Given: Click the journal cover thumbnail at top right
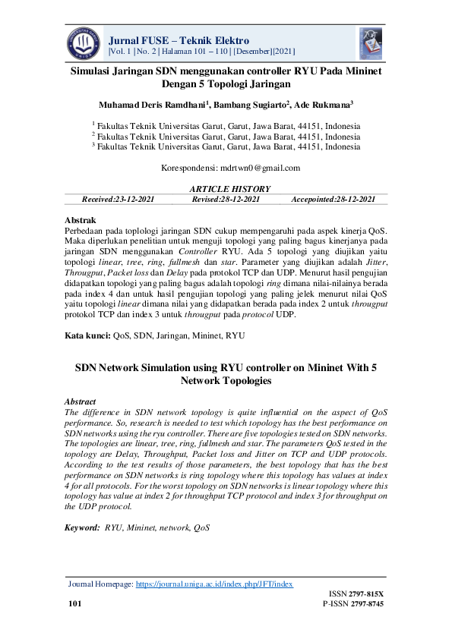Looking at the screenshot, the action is tap(371, 42).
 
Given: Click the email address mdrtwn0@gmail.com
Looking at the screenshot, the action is tap(259, 168).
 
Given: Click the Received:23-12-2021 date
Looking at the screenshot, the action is tap(119, 199).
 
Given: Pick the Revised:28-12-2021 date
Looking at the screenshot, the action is tap(227, 199).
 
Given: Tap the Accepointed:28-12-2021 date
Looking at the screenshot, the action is tap(333, 199).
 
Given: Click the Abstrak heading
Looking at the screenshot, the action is tap(81, 220).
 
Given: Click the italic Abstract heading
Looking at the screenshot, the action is tap(81, 401).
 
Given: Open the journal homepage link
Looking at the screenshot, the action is tap(214, 584).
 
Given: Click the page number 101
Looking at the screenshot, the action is tap(74, 604).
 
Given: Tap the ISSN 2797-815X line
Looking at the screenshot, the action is tap(356, 593).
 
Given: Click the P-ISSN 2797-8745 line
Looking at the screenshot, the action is tap(353, 604).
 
